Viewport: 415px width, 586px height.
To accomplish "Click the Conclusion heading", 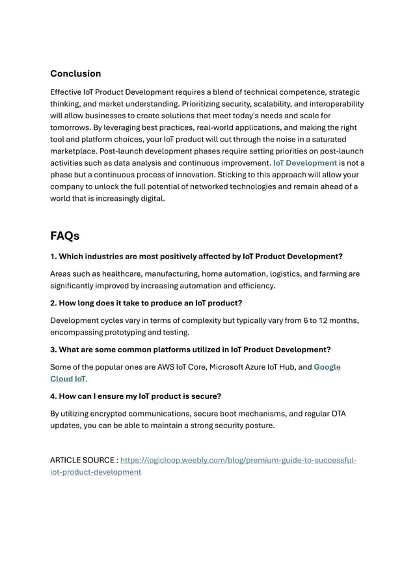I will coord(75,73).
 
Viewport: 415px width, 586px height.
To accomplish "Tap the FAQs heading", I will coord(65,235).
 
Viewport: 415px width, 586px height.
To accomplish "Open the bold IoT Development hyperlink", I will coord(304,163).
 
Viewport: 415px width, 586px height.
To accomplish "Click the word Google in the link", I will coord(327,367).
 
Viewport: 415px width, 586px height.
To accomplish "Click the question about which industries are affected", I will coord(196,256).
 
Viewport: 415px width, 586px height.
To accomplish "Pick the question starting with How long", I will coord(147,303).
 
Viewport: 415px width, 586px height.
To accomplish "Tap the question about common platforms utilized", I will coord(191,350).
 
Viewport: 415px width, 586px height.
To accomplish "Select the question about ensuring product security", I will coord(136,396).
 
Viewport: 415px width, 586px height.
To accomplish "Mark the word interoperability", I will coord(332,104).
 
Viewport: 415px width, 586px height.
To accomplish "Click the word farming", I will coord(330,274).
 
